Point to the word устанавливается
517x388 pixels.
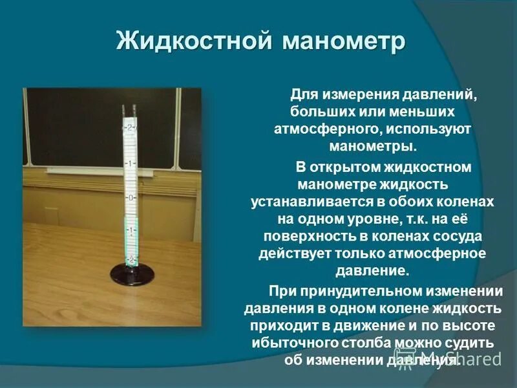point(308,202)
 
